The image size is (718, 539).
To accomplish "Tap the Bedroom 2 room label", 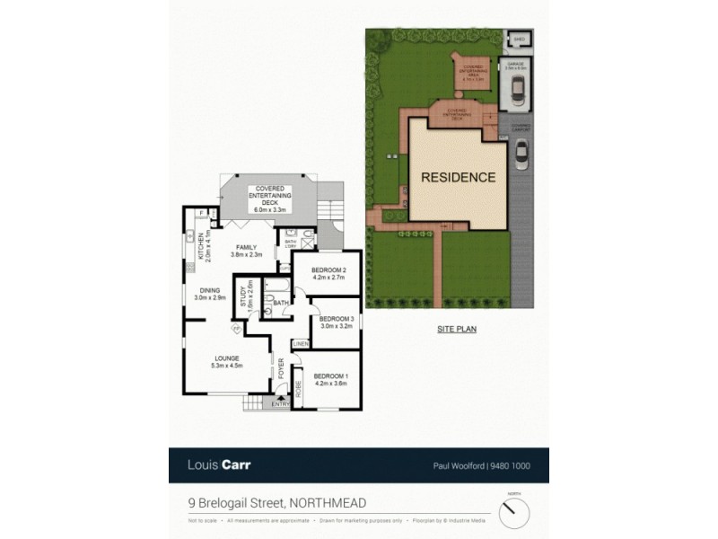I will (x=323, y=273).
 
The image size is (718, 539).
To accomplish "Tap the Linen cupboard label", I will (x=300, y=344).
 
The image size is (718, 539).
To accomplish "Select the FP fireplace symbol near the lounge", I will (x=237, y=329).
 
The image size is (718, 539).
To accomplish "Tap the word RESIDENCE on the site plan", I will (x=458, y=178).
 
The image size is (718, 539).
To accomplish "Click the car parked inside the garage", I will (x=518, y=89).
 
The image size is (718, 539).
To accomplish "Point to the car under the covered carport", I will (x=521, y=156).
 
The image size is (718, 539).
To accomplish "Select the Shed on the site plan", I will (x=519, y=40).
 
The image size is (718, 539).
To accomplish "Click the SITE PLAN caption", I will (x=457, y=330).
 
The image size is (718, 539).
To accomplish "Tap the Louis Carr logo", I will (x=219, y=465).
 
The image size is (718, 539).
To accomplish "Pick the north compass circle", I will (x=514, y=513).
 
